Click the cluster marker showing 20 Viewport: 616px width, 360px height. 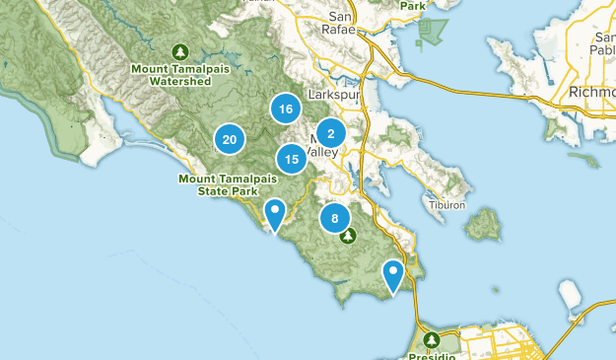[230, 140]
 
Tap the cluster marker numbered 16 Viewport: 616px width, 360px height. [285, 109]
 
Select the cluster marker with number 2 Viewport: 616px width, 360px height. [331, 134]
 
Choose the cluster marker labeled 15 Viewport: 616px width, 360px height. [292, 158]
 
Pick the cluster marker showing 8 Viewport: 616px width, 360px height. [335, 219]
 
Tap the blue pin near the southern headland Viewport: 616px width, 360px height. [394, 274]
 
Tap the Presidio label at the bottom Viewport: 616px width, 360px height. [432, 354]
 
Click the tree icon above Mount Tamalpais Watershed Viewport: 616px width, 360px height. [180, 50]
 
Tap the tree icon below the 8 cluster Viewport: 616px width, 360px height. [348, 237]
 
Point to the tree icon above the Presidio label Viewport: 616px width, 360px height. [431, 339]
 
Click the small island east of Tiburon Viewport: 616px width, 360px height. [481, 226]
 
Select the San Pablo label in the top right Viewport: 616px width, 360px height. [602, 43]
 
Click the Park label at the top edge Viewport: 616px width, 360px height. [414, 5]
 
